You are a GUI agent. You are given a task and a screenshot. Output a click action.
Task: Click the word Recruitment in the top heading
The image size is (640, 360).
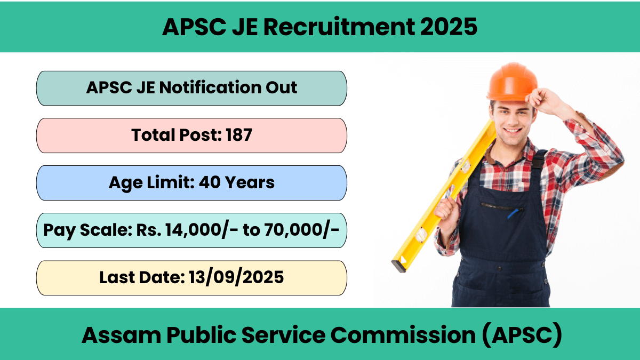point(339,27)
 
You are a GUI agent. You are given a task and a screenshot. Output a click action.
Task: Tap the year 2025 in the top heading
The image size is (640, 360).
point(449,27)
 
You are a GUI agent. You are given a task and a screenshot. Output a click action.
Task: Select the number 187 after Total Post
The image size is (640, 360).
point(239,135)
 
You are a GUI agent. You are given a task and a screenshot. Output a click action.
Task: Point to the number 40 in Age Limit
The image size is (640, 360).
point(210,182)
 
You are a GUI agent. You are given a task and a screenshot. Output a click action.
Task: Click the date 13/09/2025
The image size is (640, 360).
point(236,277)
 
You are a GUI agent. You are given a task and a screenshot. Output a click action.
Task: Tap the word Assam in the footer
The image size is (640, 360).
point(122,335)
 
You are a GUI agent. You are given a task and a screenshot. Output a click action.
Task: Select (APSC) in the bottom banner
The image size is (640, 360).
point(522,335)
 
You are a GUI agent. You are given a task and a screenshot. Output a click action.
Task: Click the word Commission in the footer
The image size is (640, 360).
point(403,335)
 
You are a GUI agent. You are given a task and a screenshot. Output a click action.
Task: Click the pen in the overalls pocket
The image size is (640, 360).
point(513,214)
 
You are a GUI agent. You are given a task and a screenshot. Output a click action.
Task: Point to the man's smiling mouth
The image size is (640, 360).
point(513,131)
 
